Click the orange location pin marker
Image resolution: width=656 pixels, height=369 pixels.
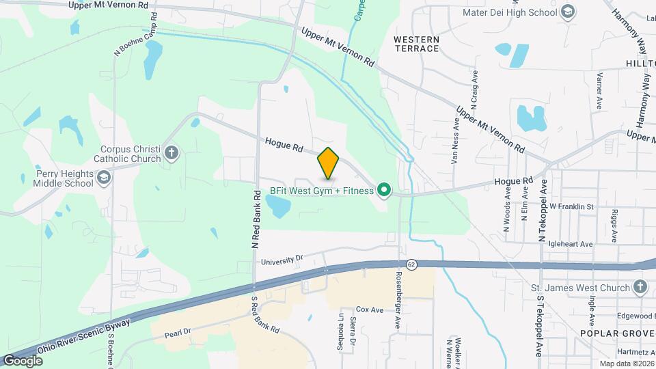329,163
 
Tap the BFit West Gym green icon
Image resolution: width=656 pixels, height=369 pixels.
385,191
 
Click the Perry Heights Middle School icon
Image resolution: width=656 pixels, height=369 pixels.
103,178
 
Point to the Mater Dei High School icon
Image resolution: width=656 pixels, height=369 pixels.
567,12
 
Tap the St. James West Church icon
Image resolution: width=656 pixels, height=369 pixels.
640,287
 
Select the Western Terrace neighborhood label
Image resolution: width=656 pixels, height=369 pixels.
416,44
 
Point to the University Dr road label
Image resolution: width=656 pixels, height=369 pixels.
281,260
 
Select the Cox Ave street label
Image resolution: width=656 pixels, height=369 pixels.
370,310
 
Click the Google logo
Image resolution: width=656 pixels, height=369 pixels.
23,360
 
